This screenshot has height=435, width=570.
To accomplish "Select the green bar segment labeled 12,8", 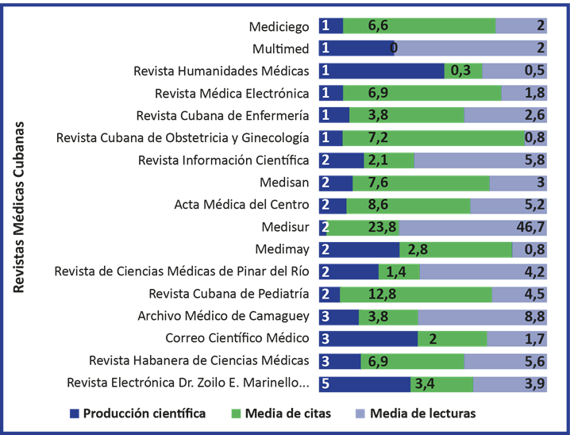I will click(x=416, y=294).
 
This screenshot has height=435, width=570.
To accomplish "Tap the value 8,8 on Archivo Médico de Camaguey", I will click(x=536, y=317).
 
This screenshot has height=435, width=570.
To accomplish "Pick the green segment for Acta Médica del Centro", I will click(x=408, y=205).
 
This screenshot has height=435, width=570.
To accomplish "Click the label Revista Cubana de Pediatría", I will click(x=229, y=294).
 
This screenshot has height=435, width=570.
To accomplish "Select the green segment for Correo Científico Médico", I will click(x=452, y=339).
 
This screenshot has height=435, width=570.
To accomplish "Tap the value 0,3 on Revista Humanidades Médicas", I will click(x=461, y=71).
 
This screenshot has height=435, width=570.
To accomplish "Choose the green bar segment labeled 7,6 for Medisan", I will click(x=420, y=183).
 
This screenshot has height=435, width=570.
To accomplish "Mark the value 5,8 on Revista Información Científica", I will click(x=536, y=160).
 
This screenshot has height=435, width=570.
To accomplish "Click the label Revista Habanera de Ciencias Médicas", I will click(x=199, y=360).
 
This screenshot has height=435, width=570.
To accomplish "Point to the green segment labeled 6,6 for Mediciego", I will click(x=418, y=26).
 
